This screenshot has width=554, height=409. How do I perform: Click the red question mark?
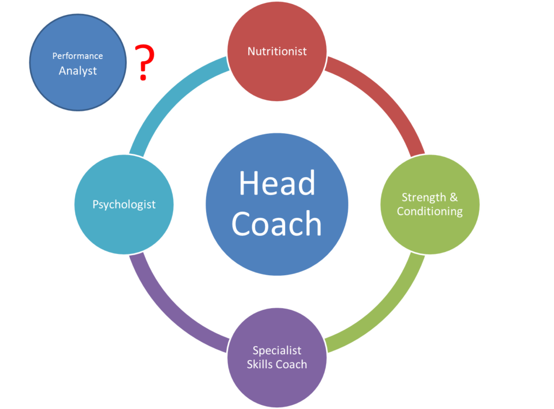pyautogui.click(x=144, y=63)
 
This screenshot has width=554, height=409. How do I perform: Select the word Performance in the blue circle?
pyautogui.click(x=78, y=56)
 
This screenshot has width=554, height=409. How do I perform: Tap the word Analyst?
pyautogui.click(x=78, y=71)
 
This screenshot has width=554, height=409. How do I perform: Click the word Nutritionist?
pyautogui.click(x=277, y=51)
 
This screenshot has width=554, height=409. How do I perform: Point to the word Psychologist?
pyautogui.click(x=124, y=205)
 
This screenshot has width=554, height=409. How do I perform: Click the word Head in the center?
pyautogui.click(x=277, y=183)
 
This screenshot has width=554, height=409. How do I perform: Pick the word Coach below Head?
pyautogui.click(x=276, y=224)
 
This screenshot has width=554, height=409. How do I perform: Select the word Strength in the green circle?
pyautogui.click(x=424, y=197)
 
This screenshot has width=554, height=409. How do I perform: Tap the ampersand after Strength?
pyautogui.click(x=454, y=197)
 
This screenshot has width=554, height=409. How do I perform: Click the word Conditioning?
pyautogui.click(x=430, y=211)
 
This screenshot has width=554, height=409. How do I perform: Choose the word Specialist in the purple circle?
pyautogui.click(x=277, y=350)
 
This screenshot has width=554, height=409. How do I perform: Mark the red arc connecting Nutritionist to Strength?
pyautogui.click(x=385, y=95)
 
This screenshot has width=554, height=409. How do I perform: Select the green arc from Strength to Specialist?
pyautogui.click(x=386, y=313)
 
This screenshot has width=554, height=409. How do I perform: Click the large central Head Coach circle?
pyautogui.click(x=277, y=205)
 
